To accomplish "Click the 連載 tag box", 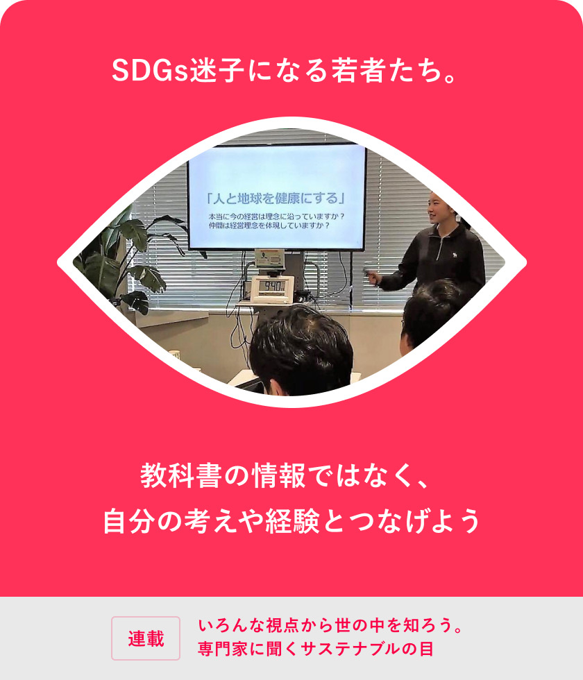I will [x=146, y=638].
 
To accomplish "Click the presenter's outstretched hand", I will [x=373, y=278].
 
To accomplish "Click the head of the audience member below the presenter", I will [x=430, y=312].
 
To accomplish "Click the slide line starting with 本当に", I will [x=276, y=216].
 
